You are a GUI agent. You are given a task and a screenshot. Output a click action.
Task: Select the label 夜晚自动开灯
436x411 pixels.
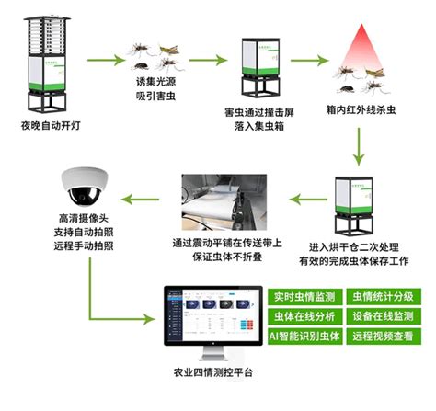[41, 125]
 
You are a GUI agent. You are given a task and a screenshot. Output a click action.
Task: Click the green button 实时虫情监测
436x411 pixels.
[300, 298]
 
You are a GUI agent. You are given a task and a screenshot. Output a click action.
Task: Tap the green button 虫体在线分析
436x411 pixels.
[300, 317]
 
